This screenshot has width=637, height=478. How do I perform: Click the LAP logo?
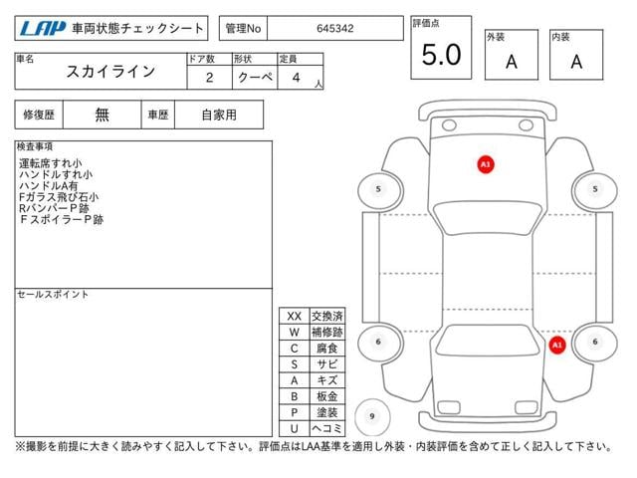tap(42, 28)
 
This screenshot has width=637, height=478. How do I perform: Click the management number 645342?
tap(335, 29)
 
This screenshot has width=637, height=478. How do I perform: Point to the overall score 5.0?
tap(441, 55)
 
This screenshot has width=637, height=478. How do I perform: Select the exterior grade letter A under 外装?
tap(512, 62)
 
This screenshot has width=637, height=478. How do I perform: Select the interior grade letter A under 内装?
tap(576, 62)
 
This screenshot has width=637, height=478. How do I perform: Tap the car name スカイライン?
tap(110, 72)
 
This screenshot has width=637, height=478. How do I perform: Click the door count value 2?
tap(210, 78)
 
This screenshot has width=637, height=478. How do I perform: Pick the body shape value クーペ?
tap(255, 77)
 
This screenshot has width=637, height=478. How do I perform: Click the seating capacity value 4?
tap(297, 78)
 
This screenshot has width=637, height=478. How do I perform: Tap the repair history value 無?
tap(102, 116)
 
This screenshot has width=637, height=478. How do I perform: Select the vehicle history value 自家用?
tap(219, 116)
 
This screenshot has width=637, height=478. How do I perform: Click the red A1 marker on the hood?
tap(486, 164)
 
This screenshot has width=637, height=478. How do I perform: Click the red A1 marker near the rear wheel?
tap(557, 346)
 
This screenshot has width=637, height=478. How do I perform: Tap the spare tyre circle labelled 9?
tap(372, 416)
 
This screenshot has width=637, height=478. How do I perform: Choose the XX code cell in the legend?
tap(295, 317)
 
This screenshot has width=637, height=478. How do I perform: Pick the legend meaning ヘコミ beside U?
tap(327, 428)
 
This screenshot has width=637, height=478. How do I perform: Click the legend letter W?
tap(295, 332)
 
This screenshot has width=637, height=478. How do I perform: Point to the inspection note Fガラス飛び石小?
tap(59, 197)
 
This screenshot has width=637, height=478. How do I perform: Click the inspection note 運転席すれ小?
tap(51, 163)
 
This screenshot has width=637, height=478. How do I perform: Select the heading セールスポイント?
tap(53, 295)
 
